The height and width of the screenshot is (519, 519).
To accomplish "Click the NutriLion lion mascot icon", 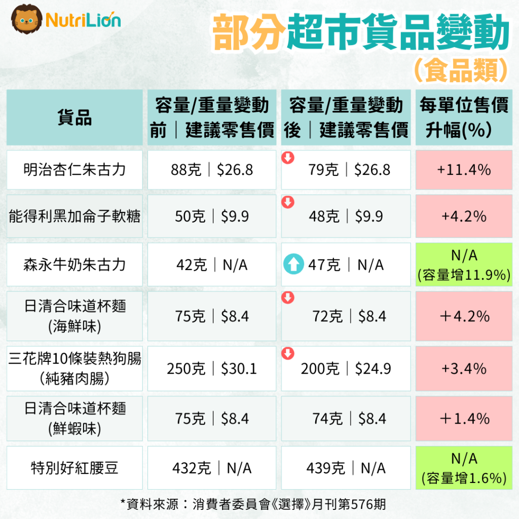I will pyautogui.click(x=26, y=20).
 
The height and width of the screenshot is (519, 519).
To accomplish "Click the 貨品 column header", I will pyautogui.click(x=75, y=118).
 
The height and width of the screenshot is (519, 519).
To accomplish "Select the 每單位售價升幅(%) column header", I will pyautogui.click(x=464, y=118).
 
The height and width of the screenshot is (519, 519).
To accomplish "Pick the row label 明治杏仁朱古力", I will pyautogui.click(x=75, y=169).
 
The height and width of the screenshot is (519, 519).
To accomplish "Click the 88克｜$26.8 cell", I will pyautogui.click(x=212, y=169).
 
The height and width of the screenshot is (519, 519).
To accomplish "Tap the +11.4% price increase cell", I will pyautogui.click(x=464, y=169).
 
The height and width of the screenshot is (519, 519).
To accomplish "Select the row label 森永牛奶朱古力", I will pyautogui.click(x=75, y=265).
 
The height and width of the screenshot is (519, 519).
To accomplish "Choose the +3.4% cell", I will pyautogui.click(x=464, y=368).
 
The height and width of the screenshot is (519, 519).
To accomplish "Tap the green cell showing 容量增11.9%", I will pyautogui.click(x=464, y=265).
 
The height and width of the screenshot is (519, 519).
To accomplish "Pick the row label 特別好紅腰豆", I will pyautogui.click(x=75, y=468).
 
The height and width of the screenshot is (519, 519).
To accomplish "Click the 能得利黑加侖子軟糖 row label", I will pyautogui.click(x=75, y=217).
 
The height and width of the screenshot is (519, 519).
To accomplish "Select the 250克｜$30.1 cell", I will pyautogui.click(x=212, y=368).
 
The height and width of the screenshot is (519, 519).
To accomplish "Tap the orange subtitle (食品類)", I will pyautogui.click(x=460, y=70).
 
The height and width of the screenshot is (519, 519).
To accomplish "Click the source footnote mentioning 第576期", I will pyautogui.click(x=253, y=504).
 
